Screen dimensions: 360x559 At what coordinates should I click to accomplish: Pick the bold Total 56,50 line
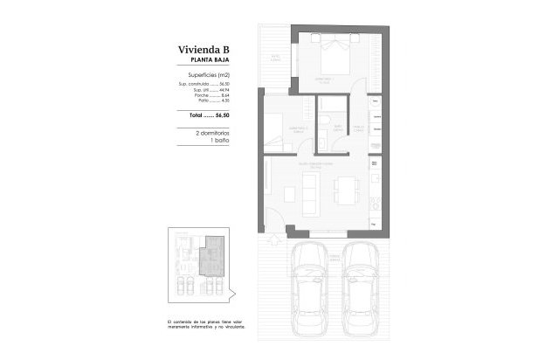(x=209, y=114)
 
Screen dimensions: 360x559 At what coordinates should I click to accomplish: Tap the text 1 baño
(x=218, y=139)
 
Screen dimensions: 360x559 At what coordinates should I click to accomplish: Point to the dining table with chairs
(x=347, y=191)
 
